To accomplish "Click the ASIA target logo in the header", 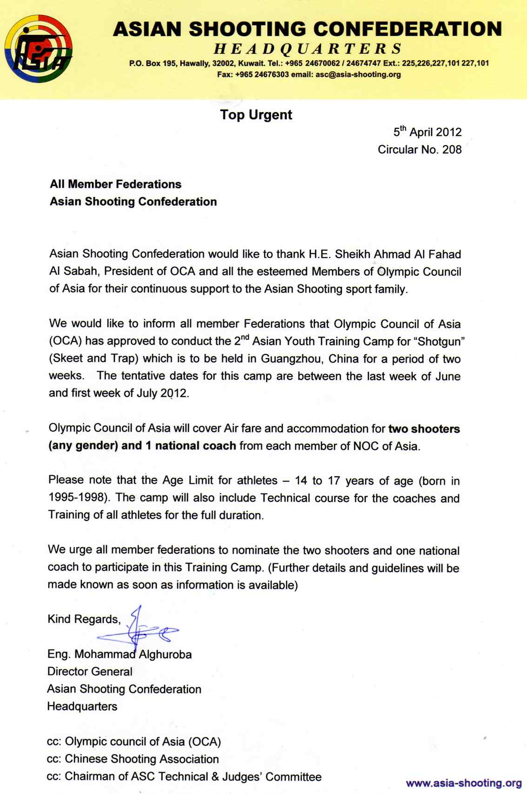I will (x=39, y=49).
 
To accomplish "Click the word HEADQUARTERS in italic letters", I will (x=308, y=48).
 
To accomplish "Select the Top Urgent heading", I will (x=256, y=115).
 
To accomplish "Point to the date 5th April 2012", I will (x=427, y=132).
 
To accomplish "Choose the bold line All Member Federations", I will (x=115, y=184).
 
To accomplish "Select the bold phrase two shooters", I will (x=424, y=429).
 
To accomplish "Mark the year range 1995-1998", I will (x=78, y=497).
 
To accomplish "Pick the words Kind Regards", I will (x=84, y=619).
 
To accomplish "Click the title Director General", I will (x=90, y=672).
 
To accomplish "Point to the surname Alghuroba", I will (x=165, y=654).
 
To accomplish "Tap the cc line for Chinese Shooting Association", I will (x=133, y=759).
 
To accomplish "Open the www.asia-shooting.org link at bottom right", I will (x=464, y=783).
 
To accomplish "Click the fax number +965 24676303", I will (x=262, y=74).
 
